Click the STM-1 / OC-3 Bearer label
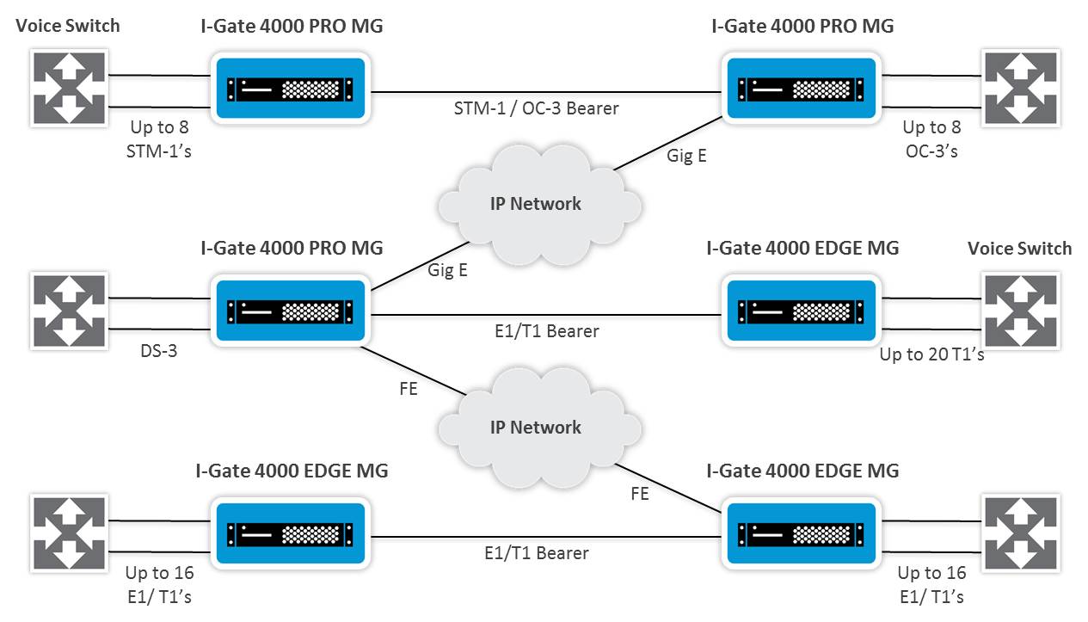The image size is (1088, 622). tap(536, 108)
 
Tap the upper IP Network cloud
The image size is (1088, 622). tap(537, 204)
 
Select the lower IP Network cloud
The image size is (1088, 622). tap(537, 428)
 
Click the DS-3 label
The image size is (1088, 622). tap(159, 351)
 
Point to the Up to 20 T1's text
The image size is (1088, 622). tap(931, 354)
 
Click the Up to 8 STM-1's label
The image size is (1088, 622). tap(159, 139)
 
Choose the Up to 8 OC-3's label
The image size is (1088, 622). tap(931, 139)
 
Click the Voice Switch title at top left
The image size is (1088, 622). tap(68, 26)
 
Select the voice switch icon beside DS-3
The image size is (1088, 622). tap(70, 311)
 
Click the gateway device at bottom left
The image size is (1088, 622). tap(291, 533)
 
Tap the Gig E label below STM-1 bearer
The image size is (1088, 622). tap(686, 157)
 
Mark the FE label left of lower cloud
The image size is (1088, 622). tap(408, 389)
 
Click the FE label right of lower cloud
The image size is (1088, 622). tap(639, 494)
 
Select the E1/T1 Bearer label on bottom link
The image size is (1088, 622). tap(536, 552)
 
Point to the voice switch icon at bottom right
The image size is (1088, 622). tap(1021, 533)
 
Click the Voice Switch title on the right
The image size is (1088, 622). tap(1019, 249)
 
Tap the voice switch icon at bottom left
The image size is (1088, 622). tap(70, 533)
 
